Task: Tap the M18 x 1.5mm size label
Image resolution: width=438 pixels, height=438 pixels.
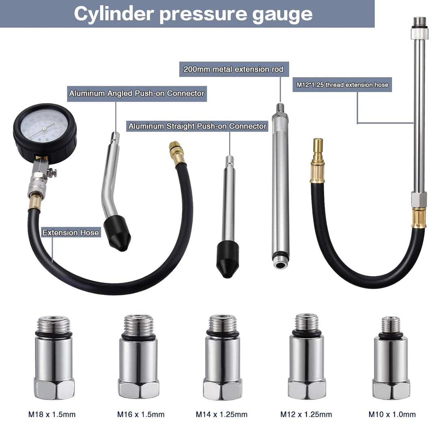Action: point(52,414)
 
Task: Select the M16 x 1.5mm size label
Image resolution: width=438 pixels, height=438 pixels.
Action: point(141,414)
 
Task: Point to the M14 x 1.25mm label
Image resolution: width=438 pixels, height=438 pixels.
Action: point(221,414)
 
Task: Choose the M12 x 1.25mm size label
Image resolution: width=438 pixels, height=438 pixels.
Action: point(306,414)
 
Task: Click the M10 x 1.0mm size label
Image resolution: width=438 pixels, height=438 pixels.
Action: point(392,414)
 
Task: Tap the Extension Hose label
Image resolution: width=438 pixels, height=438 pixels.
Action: point(71,232)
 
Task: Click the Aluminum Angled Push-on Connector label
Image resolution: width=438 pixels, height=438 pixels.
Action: point(137,93)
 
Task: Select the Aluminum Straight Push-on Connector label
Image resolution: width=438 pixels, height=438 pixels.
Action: point(197,126)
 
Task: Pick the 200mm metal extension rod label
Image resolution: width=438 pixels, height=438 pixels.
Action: point(234,69)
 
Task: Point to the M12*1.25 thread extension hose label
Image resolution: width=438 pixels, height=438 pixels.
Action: point(342,85)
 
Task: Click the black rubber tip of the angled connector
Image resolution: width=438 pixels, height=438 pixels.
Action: point(117,232)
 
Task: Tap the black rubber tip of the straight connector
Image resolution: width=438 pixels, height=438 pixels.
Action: point(228,259)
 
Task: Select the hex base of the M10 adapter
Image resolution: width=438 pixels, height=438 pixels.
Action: point(391,389)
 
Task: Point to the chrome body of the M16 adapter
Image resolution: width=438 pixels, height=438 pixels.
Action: point(139,359)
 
